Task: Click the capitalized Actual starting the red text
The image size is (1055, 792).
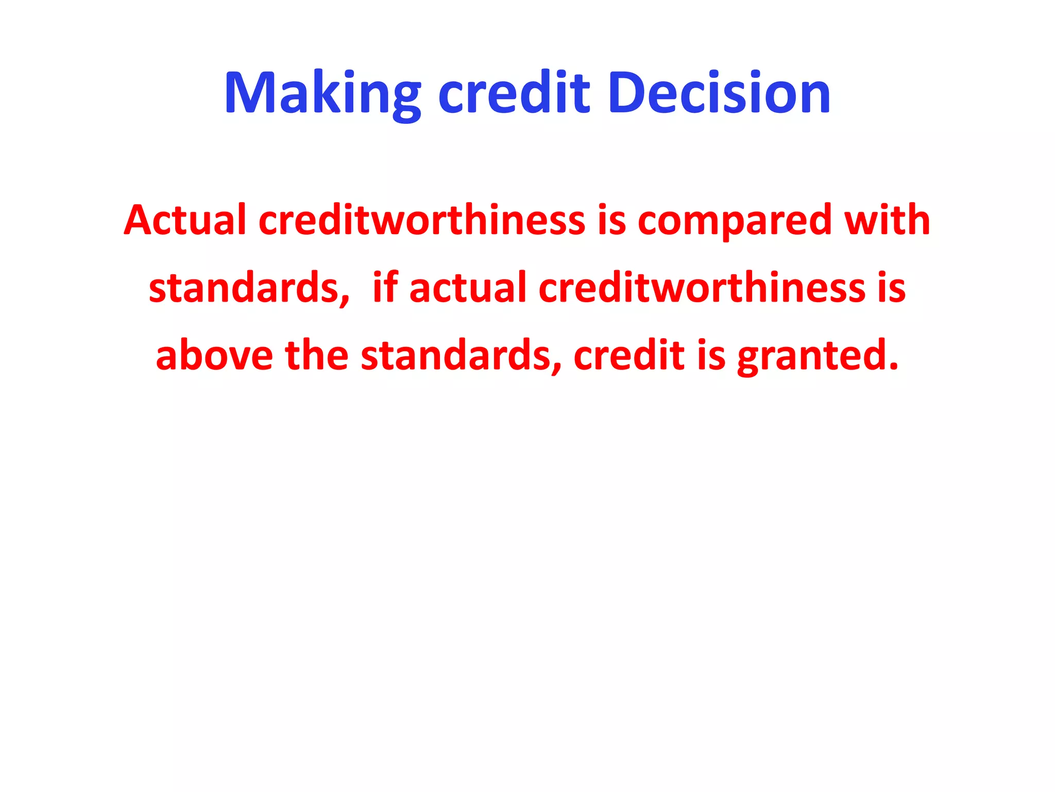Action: (185, 220)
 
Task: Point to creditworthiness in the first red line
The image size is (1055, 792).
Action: (421, 220)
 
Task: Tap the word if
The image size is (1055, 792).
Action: (385, 288)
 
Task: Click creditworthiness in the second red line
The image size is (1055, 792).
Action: (702, 288)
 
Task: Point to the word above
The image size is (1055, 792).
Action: (214, 356)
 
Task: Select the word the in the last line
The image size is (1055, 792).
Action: (316, 356)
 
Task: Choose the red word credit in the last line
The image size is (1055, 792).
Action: (629, 356)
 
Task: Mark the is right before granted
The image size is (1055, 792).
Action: (711, 356)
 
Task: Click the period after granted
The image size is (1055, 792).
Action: (893, 367)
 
